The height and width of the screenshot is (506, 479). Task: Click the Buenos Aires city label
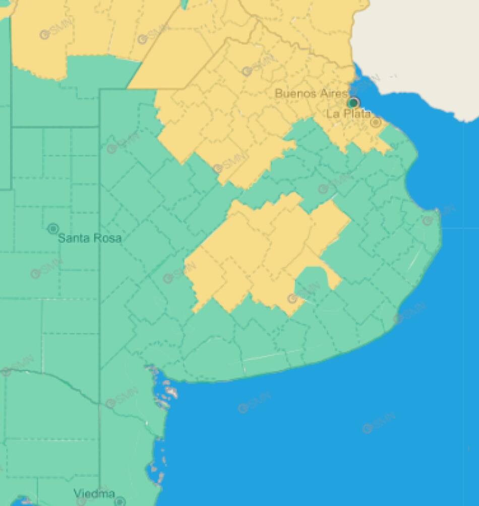pos(311,94)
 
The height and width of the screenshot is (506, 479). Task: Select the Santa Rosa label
pos(90,238)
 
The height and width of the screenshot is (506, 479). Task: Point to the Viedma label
pos(94,493)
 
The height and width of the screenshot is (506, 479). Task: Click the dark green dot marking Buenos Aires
pos(353,103)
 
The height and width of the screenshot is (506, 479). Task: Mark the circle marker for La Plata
pos(376,122)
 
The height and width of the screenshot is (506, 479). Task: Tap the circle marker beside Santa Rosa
pos(53,229)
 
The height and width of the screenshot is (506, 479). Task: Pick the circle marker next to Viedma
pos(119,501)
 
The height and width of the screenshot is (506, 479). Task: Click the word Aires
pos(333,94)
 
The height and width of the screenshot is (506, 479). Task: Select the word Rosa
pos(107,238)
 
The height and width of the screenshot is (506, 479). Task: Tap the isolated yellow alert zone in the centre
pos(262,252)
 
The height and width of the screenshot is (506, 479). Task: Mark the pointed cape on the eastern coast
pos(438,212)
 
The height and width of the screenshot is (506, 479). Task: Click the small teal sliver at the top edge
pos(185,4)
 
